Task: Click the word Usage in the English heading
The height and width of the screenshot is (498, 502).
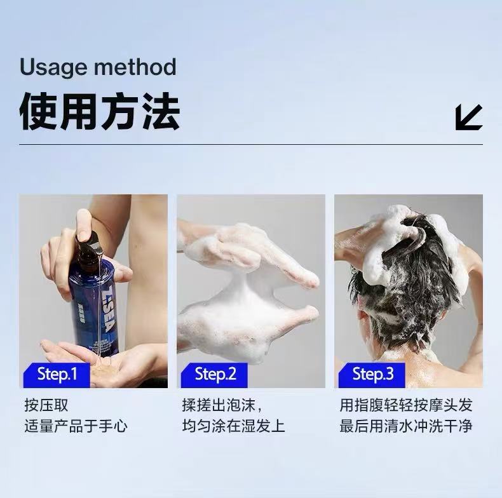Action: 53,67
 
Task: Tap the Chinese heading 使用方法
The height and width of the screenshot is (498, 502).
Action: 100,111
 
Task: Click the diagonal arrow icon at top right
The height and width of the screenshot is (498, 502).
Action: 469,117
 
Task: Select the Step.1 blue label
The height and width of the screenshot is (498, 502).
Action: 57,375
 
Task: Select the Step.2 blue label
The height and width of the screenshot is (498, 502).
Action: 215,375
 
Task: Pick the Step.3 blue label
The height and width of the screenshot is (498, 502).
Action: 372,375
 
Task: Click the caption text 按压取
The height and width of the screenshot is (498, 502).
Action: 46,405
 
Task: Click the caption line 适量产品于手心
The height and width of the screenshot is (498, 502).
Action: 76,426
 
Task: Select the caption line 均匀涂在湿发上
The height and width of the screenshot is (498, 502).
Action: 233,426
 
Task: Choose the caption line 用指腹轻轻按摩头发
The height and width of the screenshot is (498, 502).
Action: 406,405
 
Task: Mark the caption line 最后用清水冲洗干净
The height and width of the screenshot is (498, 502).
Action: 406,426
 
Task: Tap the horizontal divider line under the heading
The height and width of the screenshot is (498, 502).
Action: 251,145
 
